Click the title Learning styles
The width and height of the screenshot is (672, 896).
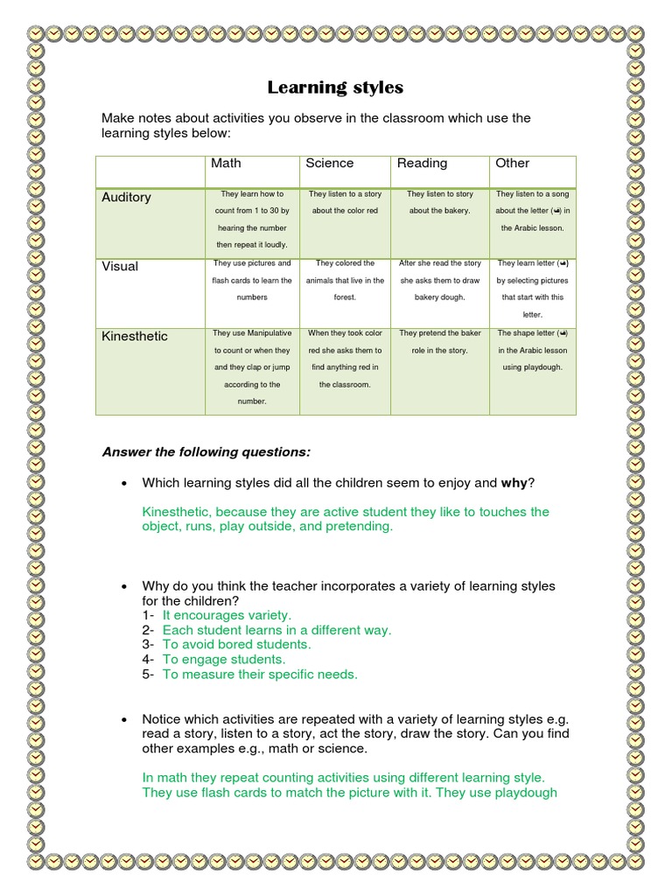point(335,87)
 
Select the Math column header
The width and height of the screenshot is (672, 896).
point(226,164)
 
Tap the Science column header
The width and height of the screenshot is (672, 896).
point(330,164)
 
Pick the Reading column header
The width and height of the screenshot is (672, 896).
point(422,164)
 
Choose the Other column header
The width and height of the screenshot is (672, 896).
point(512,164)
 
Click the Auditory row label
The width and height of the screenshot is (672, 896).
point(126,198)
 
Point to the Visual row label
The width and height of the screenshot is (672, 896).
point(120,267)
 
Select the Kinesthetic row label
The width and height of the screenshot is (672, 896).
point(135,337)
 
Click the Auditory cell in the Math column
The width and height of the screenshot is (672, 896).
point(252,220)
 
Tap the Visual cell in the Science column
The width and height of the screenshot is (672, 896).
point(345,280)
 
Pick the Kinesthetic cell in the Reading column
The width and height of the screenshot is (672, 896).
point(439,342)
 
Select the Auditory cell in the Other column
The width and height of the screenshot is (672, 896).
point(532,211)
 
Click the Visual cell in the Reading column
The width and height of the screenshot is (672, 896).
point(439,280)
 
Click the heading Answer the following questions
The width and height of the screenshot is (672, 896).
point(206,452)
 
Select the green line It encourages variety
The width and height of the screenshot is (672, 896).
point(227,615)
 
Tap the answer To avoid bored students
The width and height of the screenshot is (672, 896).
point(236,645)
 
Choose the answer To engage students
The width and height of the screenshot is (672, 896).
point(224,660)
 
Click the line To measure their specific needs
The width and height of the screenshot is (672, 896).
point(260,675)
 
